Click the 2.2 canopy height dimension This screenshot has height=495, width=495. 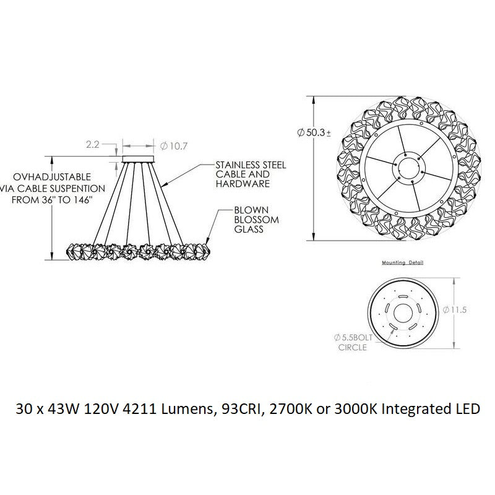pos(92,145)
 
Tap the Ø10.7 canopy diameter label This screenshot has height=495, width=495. pos(174,146)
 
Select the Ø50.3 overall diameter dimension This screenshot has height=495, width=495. pos(314,132)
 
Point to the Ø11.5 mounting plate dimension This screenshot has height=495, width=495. pos(455,310)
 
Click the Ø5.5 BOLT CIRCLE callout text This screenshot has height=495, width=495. pos(353,342)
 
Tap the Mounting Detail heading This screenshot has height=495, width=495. pos(403,262)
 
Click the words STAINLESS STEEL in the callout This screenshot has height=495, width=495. pos(251,165)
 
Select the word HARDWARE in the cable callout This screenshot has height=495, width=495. pos(243,184)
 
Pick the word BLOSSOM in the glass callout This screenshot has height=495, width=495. pos(256,220)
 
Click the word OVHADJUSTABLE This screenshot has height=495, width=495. pos(52,176)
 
